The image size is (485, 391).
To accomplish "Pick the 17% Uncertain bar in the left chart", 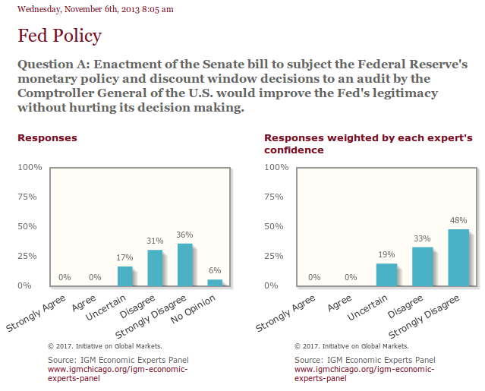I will coord(125,276).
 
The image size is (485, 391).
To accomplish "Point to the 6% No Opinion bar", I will coord(215,282).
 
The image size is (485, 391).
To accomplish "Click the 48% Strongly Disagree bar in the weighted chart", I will coord(458,257).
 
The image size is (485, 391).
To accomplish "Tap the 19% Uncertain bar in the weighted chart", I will coord(386,274).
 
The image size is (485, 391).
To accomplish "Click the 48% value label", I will coord(458,221).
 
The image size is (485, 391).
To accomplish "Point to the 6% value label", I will coord(215,271).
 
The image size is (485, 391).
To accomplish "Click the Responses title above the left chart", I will coord(47,138).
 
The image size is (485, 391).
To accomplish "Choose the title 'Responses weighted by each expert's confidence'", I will coord(368,143).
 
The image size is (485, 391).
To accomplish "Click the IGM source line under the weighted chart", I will coord(364,359).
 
